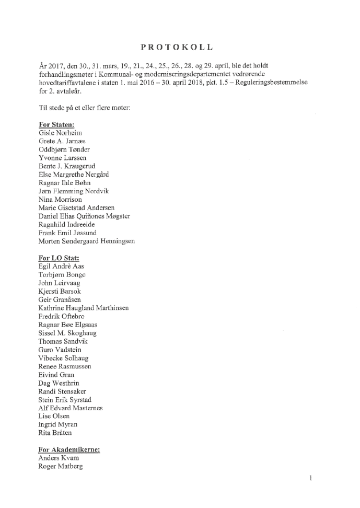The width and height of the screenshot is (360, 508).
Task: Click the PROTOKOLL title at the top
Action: point(177,47)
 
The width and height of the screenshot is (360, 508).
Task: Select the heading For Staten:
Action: point(56,125)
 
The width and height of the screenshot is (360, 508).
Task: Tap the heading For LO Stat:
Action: point(59,258)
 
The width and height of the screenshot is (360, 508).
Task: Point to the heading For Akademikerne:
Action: point(69,449)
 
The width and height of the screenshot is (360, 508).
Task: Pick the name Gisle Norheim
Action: point(60,133)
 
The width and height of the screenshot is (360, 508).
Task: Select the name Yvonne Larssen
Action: point(63,158)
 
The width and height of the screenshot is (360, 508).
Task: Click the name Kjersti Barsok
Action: point(60,291)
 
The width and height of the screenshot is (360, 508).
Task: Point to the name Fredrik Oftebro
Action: point(61,316)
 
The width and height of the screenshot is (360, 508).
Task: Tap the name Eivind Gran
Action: point(56,375)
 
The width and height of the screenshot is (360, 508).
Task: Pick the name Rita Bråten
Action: point(55,433)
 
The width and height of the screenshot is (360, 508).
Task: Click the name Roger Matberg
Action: point(60,466)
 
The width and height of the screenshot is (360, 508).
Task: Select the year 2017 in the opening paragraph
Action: point(57,66)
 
